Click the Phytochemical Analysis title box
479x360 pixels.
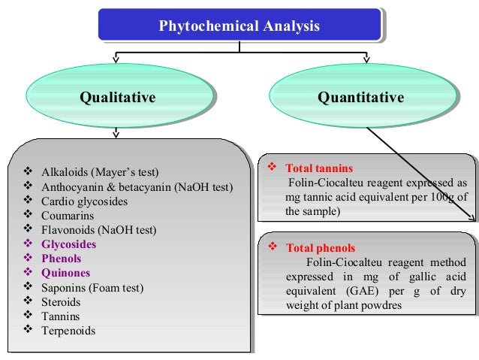(239, 26)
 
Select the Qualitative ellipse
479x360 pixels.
(118, 98)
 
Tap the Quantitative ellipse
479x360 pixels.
(360, 98)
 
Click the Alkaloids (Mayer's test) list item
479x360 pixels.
(100, 172)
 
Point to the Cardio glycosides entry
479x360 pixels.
(84, 201)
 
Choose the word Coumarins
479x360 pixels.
(68, 216)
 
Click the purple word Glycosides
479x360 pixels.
(69, 244)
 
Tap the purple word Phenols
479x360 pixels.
(62, 259)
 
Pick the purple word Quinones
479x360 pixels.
(65, 273)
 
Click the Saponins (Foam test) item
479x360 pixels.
(92, 287)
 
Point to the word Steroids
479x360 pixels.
(62, 301)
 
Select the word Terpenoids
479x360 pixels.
(68, 330)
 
